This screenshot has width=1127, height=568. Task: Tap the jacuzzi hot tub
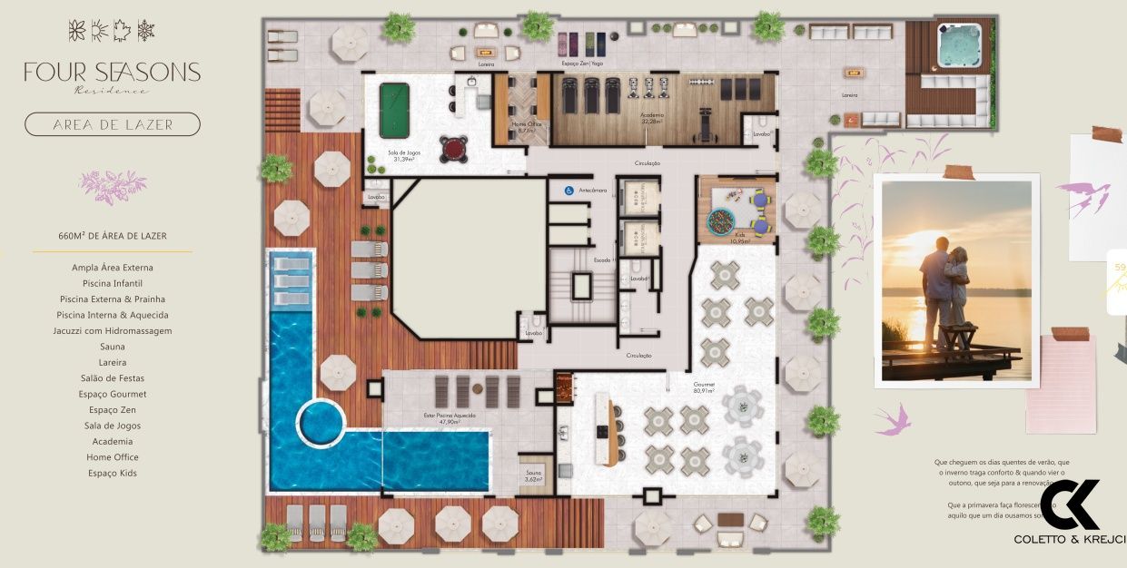[x=959, y=44]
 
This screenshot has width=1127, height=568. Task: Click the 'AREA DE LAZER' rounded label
[x=113, y=124]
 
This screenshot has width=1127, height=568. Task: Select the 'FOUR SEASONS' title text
[x=113, y=73]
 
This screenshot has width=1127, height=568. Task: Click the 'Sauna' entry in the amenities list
[x=113, y=347]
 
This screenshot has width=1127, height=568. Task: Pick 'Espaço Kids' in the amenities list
[x=113, y=473]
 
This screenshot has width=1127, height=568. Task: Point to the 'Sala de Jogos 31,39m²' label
[x=405, y=156]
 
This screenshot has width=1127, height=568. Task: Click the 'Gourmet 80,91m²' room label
[x=704, y=387]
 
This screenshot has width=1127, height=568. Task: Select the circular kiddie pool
[x=321, y=423]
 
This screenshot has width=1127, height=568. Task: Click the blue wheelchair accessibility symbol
[x=568, y=191]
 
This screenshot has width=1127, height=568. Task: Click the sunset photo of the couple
[x=957, y=280]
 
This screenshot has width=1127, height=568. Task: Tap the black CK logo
[x=1069, y=505]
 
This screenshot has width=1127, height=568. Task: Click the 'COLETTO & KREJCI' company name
[x=1069, y=540]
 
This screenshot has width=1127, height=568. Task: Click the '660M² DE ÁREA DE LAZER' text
[x=113, y=236]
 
